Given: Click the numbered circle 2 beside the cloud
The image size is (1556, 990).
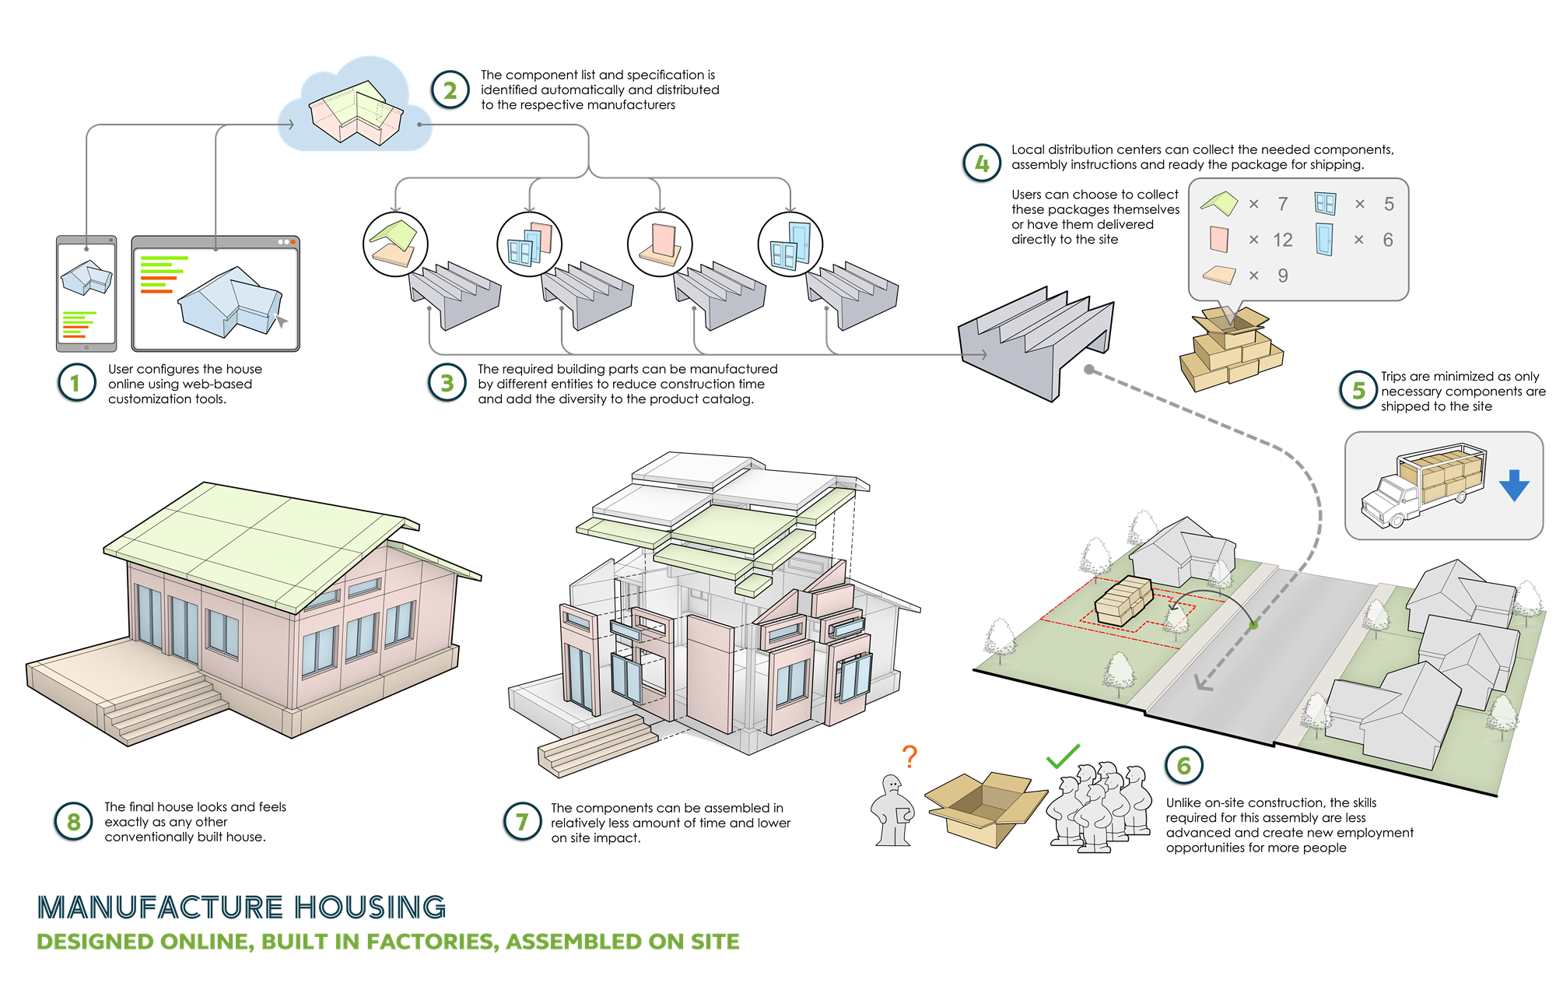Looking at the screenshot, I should [450, 90].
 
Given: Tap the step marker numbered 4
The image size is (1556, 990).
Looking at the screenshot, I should [982, 163].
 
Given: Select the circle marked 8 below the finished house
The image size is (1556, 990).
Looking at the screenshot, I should [74, 822].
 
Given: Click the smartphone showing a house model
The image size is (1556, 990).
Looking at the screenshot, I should [86, 293].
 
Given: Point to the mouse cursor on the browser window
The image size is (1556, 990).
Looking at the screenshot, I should [282, 321].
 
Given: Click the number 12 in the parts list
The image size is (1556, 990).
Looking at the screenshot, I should [1282, 240].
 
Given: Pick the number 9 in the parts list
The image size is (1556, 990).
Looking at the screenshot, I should [1282, 276].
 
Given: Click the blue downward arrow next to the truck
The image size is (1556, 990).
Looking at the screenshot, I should [1513, 485].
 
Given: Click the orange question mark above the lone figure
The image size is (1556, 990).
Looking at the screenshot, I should [909, 757].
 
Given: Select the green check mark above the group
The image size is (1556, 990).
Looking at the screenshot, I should [1063, 756].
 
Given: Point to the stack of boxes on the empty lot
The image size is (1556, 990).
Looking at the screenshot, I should [1123, 601].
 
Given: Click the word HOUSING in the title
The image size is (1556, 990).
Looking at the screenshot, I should [370, 907].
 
